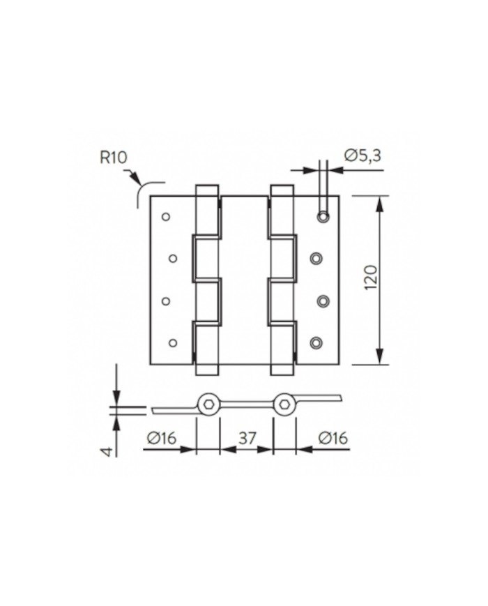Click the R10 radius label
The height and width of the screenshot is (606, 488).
click(113, 158)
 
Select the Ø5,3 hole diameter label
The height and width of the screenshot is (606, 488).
click(363, 156)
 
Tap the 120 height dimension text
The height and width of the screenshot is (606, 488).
click(370, 278)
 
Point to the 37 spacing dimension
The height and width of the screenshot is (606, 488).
click(247, 438)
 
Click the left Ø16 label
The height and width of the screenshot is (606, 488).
click(162, 438)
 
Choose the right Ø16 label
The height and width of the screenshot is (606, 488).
click(333, 438)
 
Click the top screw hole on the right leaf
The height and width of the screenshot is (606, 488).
click(323, 217)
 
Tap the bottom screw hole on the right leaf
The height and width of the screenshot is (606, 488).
click(316, 342)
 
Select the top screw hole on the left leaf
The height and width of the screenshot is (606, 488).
click(166, 217)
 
